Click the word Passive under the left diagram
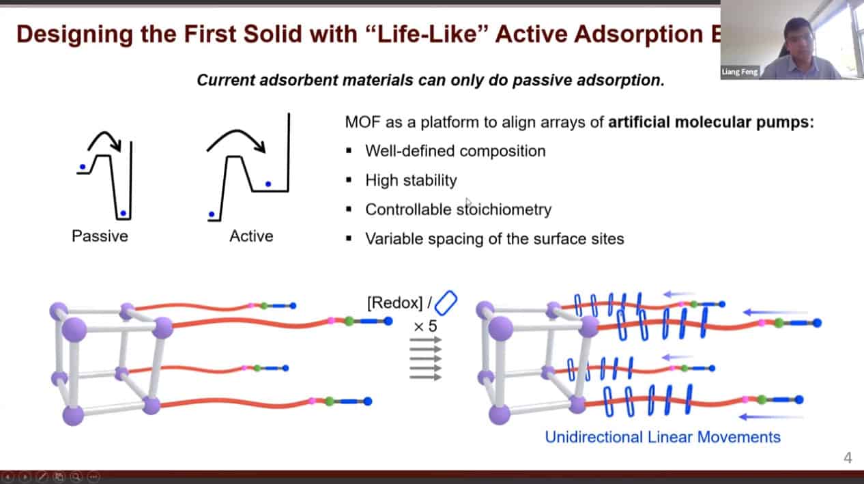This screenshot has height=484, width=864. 100,236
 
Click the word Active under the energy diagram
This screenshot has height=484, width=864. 251,236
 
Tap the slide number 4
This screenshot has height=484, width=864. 848,458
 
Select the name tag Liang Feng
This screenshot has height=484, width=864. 739,72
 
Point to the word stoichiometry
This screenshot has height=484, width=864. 504,210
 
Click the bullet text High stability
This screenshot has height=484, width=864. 411,180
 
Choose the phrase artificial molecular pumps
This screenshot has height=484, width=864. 711,122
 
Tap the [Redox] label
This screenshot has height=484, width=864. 395,303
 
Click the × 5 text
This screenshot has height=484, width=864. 425,326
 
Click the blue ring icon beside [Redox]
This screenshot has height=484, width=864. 446,303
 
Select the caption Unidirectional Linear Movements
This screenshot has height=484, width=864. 663,438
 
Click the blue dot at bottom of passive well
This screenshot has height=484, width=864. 123,213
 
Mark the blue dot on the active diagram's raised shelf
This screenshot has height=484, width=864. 268,184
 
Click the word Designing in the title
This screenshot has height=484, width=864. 75,34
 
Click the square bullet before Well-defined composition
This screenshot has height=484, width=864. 349,151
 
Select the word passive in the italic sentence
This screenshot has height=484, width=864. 542,81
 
